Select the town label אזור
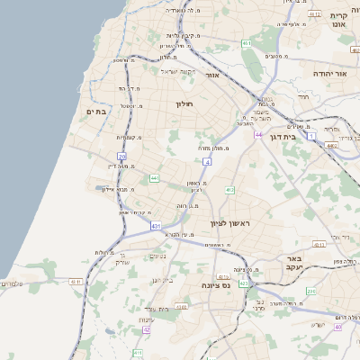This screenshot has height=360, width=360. (x=213, y=76)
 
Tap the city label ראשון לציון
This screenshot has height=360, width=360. (x=234, y=222)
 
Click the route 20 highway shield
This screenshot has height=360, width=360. (x=122, y=157)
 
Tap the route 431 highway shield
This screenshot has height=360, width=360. (x=156, y=225)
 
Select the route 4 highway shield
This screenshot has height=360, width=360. (x=207, y=162)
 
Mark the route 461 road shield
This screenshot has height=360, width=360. (x=246, y=42)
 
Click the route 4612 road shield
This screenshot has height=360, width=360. (x=314, y=14)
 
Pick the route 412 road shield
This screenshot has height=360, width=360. (x=230, y=190)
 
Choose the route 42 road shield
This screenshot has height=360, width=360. (x=146, y=330)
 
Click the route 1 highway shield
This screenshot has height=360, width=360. (x=309, y=135)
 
